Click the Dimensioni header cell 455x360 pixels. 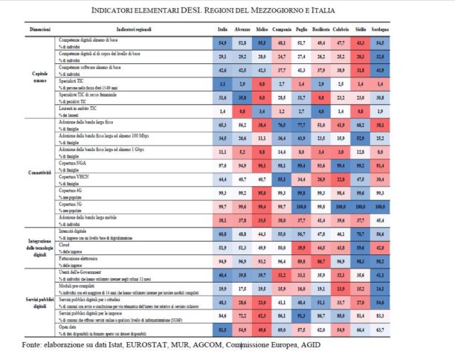click(39, 30)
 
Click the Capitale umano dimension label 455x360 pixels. click(39, 77)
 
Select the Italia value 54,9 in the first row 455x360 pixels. click(222, 45)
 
